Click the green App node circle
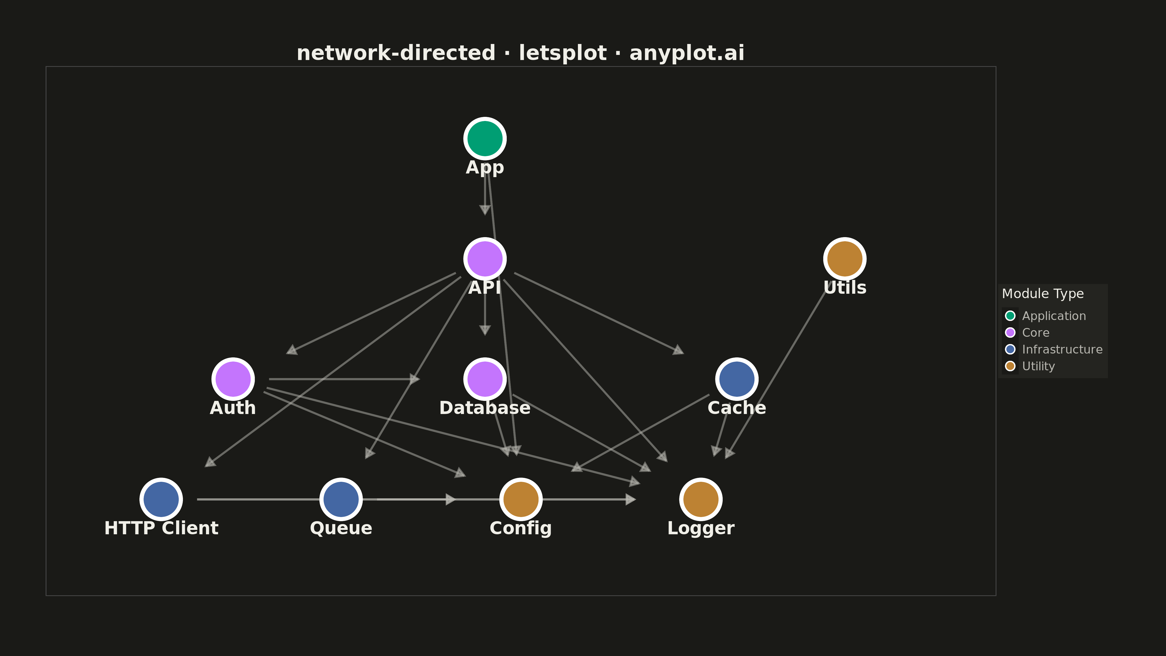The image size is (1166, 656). tap(485, 138)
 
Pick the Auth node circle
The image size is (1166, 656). tap(233, 379)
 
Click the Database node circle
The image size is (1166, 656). tap(485, 379)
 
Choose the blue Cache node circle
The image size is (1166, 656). tap(737, 379)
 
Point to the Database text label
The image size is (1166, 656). tap(485, 408)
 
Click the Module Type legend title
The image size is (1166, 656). tap(1043, 294)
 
